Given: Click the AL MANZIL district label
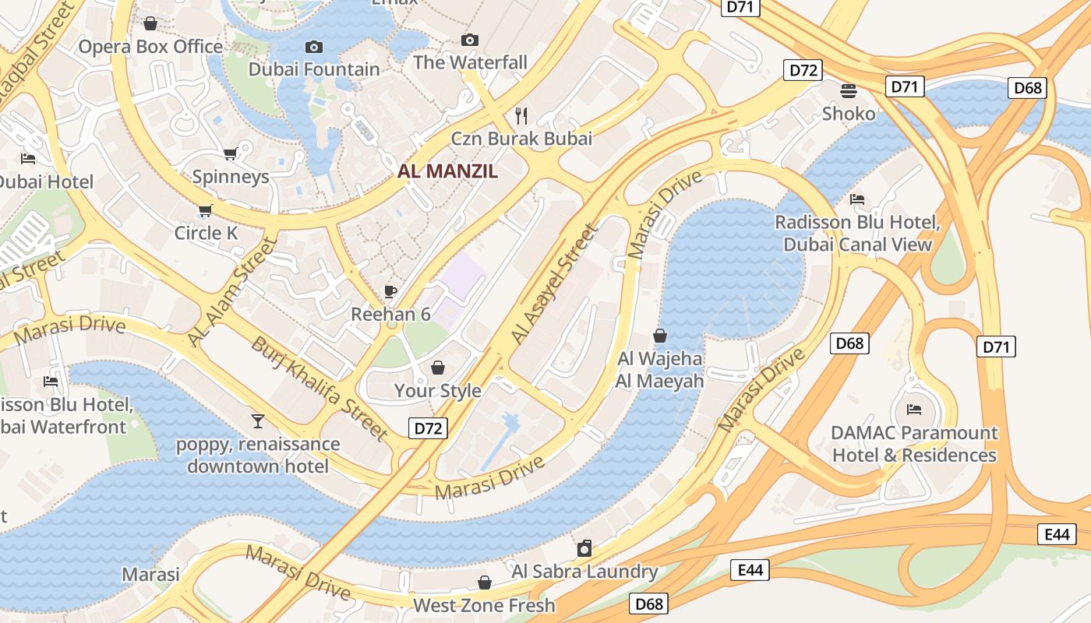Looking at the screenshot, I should point(447,171).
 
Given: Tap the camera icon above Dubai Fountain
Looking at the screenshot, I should point(314,48).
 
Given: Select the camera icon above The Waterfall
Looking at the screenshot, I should point(469,40).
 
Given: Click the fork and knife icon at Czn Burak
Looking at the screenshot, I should point(521,116).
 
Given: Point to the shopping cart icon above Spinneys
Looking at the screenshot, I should point(230,153).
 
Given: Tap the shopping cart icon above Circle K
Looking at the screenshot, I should point(205,210).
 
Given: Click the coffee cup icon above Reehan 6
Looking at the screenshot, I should point(390,292).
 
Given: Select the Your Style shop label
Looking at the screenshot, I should point(437,390).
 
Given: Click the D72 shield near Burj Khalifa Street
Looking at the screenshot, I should point(428,428).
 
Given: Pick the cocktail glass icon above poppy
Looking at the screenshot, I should point(258,421).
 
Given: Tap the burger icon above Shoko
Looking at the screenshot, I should point(849,91).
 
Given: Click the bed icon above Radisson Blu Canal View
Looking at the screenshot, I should point(857,199).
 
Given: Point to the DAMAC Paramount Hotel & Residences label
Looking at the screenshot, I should point(914,444).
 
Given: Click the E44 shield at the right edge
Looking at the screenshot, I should point(1057,534).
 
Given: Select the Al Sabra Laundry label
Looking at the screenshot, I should point(584,572).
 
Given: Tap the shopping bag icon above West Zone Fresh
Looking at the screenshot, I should point(484,583).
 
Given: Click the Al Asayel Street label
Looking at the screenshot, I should point(553,284).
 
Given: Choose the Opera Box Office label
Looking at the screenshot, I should point(150,47).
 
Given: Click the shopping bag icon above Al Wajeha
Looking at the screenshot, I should point(659,336).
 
